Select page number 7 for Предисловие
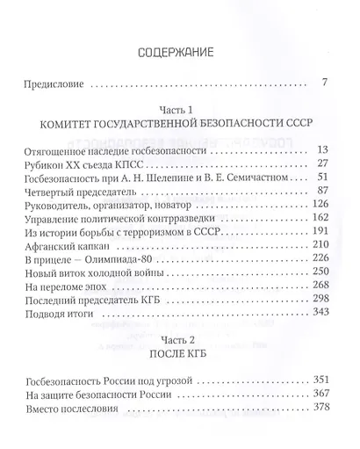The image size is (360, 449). click(324, 84)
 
